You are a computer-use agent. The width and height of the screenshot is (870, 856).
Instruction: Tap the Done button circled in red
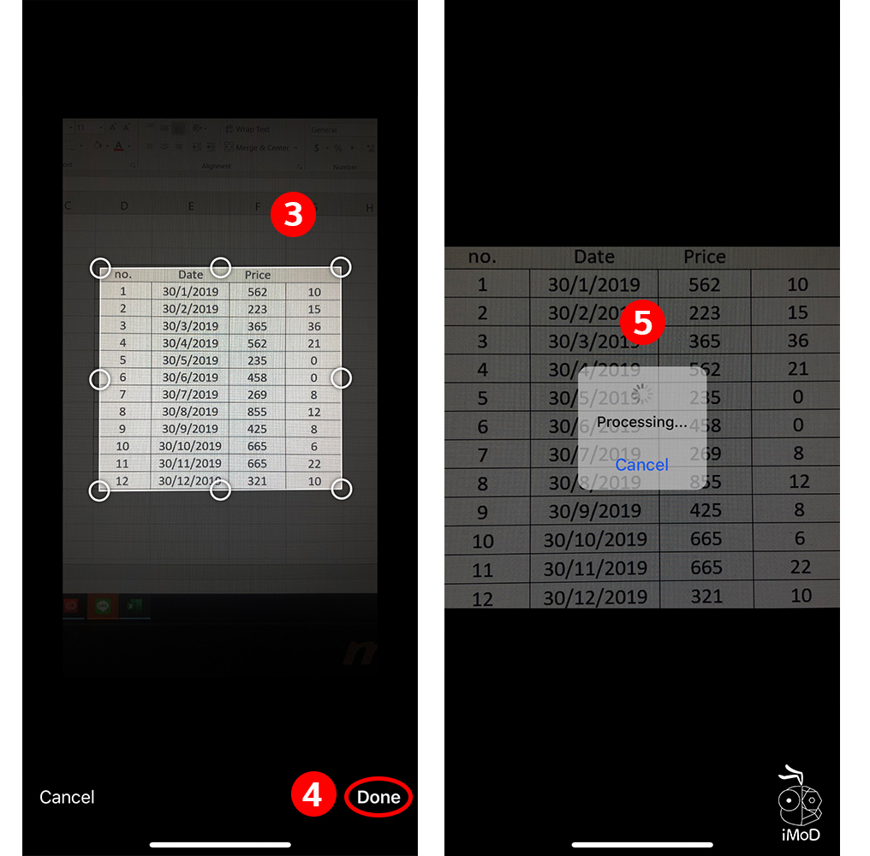pos(378,797)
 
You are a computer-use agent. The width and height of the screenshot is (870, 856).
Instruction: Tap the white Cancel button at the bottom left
pos(67,797)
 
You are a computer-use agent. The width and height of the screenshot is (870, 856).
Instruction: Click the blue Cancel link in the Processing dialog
pos(641,464)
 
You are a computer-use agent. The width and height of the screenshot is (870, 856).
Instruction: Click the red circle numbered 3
pos(294,215)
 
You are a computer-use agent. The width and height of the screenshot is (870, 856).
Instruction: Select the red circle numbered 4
pos(313,796)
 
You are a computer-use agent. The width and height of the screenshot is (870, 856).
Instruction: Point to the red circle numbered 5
pos(642,322)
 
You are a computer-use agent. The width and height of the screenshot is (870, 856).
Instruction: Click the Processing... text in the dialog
pos(641,422)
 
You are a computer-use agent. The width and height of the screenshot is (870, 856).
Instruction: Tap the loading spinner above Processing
pos(642,395)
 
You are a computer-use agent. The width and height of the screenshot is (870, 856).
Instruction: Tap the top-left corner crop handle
pos(100,268)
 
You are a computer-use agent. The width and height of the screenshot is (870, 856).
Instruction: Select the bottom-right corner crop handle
pos(342,489)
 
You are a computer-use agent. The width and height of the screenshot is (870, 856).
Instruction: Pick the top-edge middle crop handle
pos(221,268)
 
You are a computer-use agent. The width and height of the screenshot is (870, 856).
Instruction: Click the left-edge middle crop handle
pos(100,378)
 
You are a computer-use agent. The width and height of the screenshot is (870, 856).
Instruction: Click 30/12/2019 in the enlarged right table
pos(595,597)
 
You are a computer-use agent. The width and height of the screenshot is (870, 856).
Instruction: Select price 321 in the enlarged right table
pos(706,596)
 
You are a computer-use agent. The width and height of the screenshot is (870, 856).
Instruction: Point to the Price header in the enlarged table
pos(705,256)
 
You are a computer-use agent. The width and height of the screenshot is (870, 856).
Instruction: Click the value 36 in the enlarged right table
pos(798,341)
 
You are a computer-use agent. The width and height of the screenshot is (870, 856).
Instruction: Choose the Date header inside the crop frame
pos(191,275)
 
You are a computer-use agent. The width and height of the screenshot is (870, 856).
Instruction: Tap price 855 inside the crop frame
pos(257,412)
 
